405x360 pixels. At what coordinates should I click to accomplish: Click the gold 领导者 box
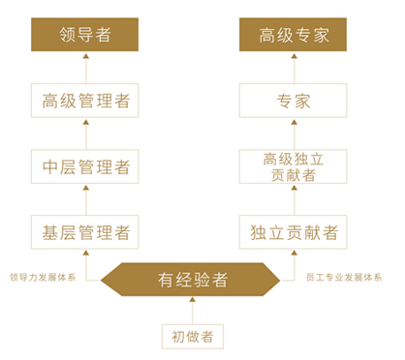coord(85,36)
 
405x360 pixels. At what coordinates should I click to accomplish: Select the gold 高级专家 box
coord(295,36)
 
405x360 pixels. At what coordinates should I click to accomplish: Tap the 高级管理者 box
coord(85,101)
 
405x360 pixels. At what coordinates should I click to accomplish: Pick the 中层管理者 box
coord(85,165)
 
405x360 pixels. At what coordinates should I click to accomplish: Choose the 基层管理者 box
coord(85,231)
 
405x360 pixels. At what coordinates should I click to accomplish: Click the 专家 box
coord(295,101)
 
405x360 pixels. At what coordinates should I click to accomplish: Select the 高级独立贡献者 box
coord(295,165)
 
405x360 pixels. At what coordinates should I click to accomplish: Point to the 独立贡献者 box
coord(295,231)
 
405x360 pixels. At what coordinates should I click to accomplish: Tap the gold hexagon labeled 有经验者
coord(193,280)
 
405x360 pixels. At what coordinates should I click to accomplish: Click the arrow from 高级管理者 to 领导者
coord(85,68)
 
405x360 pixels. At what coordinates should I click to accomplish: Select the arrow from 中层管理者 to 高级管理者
coord(85,133)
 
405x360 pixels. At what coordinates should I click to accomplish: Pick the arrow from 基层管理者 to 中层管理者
coord(85,198)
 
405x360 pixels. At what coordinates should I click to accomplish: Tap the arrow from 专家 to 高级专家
coord(295,68)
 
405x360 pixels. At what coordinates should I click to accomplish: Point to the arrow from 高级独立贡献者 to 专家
coord(295,133)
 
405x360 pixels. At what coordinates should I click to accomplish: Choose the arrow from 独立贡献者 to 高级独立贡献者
coord(295,198)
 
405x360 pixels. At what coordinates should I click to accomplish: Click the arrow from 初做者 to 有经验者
coord(193,310)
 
